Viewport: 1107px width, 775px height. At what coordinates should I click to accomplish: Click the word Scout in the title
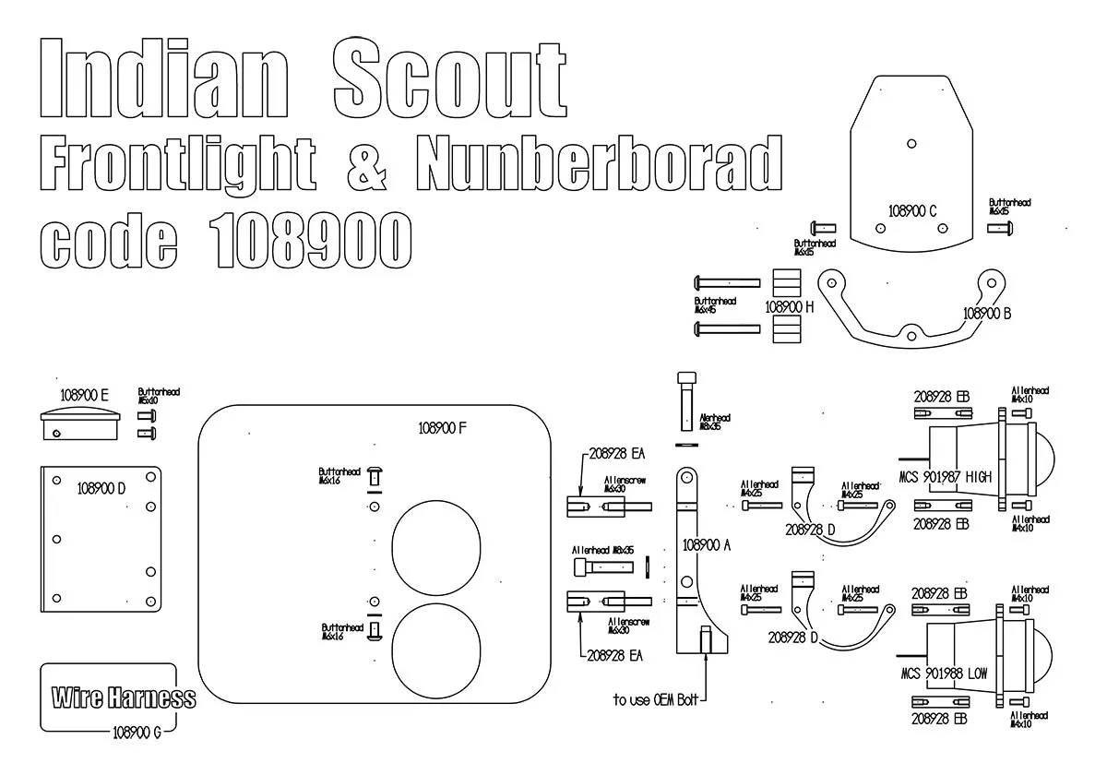449,78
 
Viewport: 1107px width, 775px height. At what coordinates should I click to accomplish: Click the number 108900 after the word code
309,239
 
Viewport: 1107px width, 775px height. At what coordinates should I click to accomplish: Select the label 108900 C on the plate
913,210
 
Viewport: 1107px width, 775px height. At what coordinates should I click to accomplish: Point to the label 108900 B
987,313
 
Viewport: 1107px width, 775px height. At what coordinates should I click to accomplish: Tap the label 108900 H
789,305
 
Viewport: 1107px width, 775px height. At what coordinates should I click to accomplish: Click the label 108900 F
443,428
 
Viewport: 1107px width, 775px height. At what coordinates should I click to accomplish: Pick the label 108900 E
85,395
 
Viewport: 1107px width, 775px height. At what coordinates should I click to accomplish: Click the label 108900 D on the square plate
101,488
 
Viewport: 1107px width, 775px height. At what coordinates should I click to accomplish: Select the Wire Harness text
124,697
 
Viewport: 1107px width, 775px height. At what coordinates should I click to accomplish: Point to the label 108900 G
137,733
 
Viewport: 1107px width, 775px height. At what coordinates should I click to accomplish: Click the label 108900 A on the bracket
707,545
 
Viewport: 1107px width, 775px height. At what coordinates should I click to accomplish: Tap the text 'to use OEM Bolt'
656,700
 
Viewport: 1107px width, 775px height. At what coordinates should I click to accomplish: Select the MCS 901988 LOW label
944,674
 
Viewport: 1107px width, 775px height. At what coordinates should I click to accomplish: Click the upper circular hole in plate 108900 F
436,549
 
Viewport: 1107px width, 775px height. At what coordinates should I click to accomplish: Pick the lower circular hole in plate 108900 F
436,649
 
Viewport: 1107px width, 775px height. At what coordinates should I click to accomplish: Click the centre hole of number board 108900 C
911,143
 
